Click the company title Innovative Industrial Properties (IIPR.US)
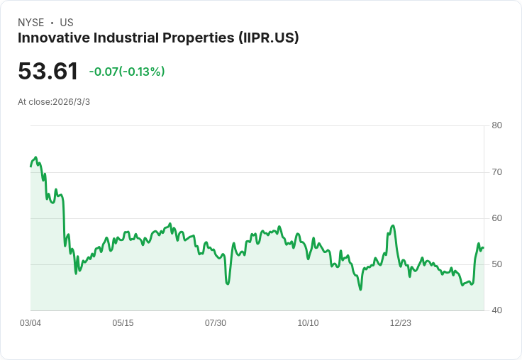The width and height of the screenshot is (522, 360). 158,38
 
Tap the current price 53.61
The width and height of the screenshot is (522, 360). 48,72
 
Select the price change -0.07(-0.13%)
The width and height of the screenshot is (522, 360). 127,72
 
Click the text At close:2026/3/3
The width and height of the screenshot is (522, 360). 54,102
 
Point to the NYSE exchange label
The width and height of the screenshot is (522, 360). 30,23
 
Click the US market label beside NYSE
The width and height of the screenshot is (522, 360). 67,23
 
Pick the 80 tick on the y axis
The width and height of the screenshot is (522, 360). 496,125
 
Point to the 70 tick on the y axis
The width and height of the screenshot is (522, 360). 496,171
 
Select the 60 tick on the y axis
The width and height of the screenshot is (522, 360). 496,218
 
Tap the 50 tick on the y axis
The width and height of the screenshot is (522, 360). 496,264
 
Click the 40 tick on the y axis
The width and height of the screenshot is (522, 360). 496,310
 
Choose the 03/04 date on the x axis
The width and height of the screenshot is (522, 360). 30,323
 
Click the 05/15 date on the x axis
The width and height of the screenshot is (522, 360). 123,323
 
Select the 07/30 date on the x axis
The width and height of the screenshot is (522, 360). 216,323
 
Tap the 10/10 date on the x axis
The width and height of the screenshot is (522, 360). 308,323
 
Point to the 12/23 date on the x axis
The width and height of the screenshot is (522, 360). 401,323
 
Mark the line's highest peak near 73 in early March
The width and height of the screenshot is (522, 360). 35,157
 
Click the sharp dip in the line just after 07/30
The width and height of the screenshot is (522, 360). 228,283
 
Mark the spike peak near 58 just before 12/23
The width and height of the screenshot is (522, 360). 393,225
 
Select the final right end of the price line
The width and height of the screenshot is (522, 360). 483,247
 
